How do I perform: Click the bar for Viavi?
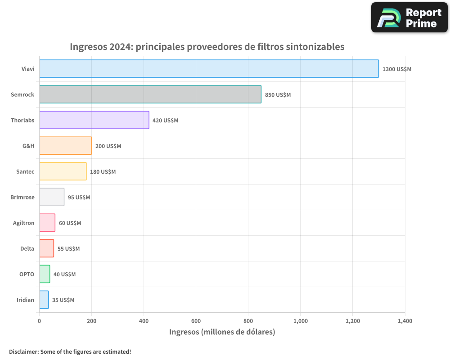coord(209,69)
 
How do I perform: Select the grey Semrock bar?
coord(150,94)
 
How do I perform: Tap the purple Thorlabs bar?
coord(94,120)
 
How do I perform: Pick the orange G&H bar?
coord(65,146)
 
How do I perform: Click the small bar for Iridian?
coord(44,300)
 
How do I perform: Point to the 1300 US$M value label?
coord(397,69)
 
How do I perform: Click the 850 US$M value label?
coord(278,95)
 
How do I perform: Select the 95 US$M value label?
coord(79,198)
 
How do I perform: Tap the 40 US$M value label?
coord(64,274)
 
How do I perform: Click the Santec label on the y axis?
coord(25,172)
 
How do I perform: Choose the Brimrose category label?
coord(22,198)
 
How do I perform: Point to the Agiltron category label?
coord(23,223)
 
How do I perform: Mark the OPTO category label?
coord(27,274)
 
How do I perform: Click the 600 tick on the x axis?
coord(196,321)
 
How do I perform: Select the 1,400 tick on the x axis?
coord(405,321)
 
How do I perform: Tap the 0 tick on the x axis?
coord(40,321)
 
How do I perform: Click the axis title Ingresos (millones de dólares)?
coord(222,332)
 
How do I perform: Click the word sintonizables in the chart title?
coord(315,47)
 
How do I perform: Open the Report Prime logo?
coord(409,18)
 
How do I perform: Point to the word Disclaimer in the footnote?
coord(23,352)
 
